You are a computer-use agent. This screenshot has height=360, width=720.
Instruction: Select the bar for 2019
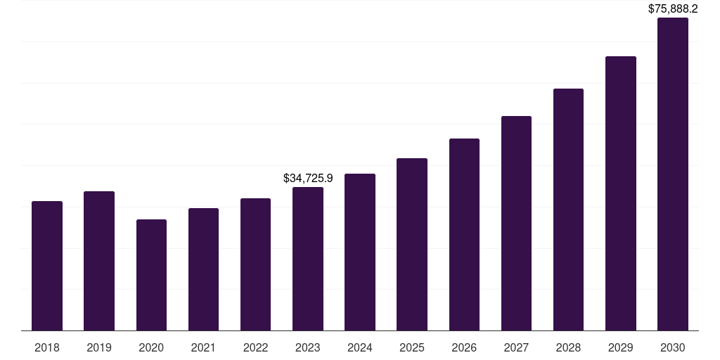99,261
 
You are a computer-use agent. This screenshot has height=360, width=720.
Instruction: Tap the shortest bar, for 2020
151,275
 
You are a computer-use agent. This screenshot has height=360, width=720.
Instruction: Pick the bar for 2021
203,269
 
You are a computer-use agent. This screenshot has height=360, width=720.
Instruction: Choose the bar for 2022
255,264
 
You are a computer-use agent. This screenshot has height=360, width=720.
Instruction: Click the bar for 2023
308,259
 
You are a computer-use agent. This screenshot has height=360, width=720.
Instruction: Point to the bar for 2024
360,252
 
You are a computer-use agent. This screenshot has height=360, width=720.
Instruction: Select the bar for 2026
464,234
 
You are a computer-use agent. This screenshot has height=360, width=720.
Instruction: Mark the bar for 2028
568,210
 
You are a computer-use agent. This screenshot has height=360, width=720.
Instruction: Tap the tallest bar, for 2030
673,174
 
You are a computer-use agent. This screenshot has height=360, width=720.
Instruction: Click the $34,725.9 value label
308,179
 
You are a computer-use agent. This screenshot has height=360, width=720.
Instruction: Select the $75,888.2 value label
673,9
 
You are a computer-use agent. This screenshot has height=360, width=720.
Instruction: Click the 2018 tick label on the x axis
47,347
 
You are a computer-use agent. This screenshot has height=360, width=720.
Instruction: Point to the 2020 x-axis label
151,347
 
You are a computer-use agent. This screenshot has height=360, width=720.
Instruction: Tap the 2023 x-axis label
308,347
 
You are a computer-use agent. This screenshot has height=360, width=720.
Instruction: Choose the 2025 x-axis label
412,347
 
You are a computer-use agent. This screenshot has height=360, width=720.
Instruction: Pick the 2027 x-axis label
516,347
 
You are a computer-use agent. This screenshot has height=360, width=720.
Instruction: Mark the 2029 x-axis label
621,347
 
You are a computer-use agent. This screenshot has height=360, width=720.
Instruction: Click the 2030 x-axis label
673,347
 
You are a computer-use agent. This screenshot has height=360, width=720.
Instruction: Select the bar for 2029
621,193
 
